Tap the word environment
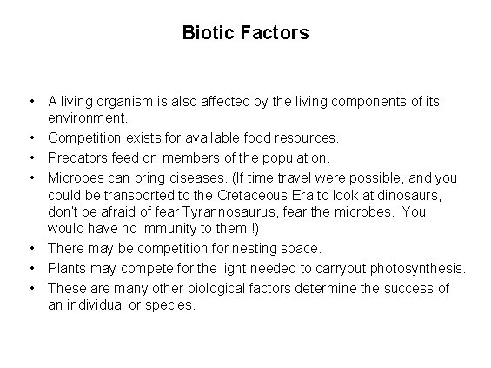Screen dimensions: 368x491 pos(87,117)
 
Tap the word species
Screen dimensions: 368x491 pos(172,305)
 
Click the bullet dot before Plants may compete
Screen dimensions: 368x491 pos(31,269)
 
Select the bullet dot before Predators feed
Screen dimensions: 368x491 pos(31,158)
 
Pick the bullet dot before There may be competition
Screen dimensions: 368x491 pos(31,248)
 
